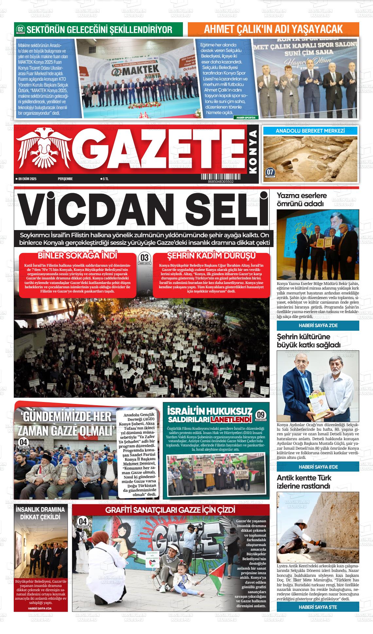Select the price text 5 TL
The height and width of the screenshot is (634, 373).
pyautogui.click(x=105, y=179)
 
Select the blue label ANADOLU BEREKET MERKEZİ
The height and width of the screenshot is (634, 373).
pyautogui.click(x=310, y=131)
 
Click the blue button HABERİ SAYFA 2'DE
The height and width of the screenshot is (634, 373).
pyautogui.click(x=318, y=325)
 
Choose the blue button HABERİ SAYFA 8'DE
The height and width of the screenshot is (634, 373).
pyautogui.click(x=318, y=467)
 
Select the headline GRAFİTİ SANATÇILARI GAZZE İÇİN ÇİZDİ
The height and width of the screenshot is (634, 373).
pyautogui.click(x=170, y=510)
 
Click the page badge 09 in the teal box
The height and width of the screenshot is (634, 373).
pyautogui.click(x=261, y=415)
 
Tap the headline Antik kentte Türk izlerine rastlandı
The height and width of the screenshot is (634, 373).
pyautogui.click(x=303, y=482)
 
